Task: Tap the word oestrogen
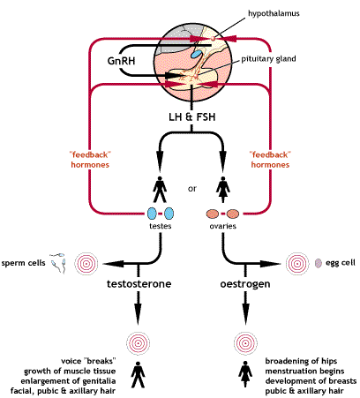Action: click(x=238, y=283)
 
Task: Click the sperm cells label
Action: click(x=23, y=263)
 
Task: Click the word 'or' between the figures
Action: click(x=191, y=186)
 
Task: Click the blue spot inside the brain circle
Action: click(x=197, y=54)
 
